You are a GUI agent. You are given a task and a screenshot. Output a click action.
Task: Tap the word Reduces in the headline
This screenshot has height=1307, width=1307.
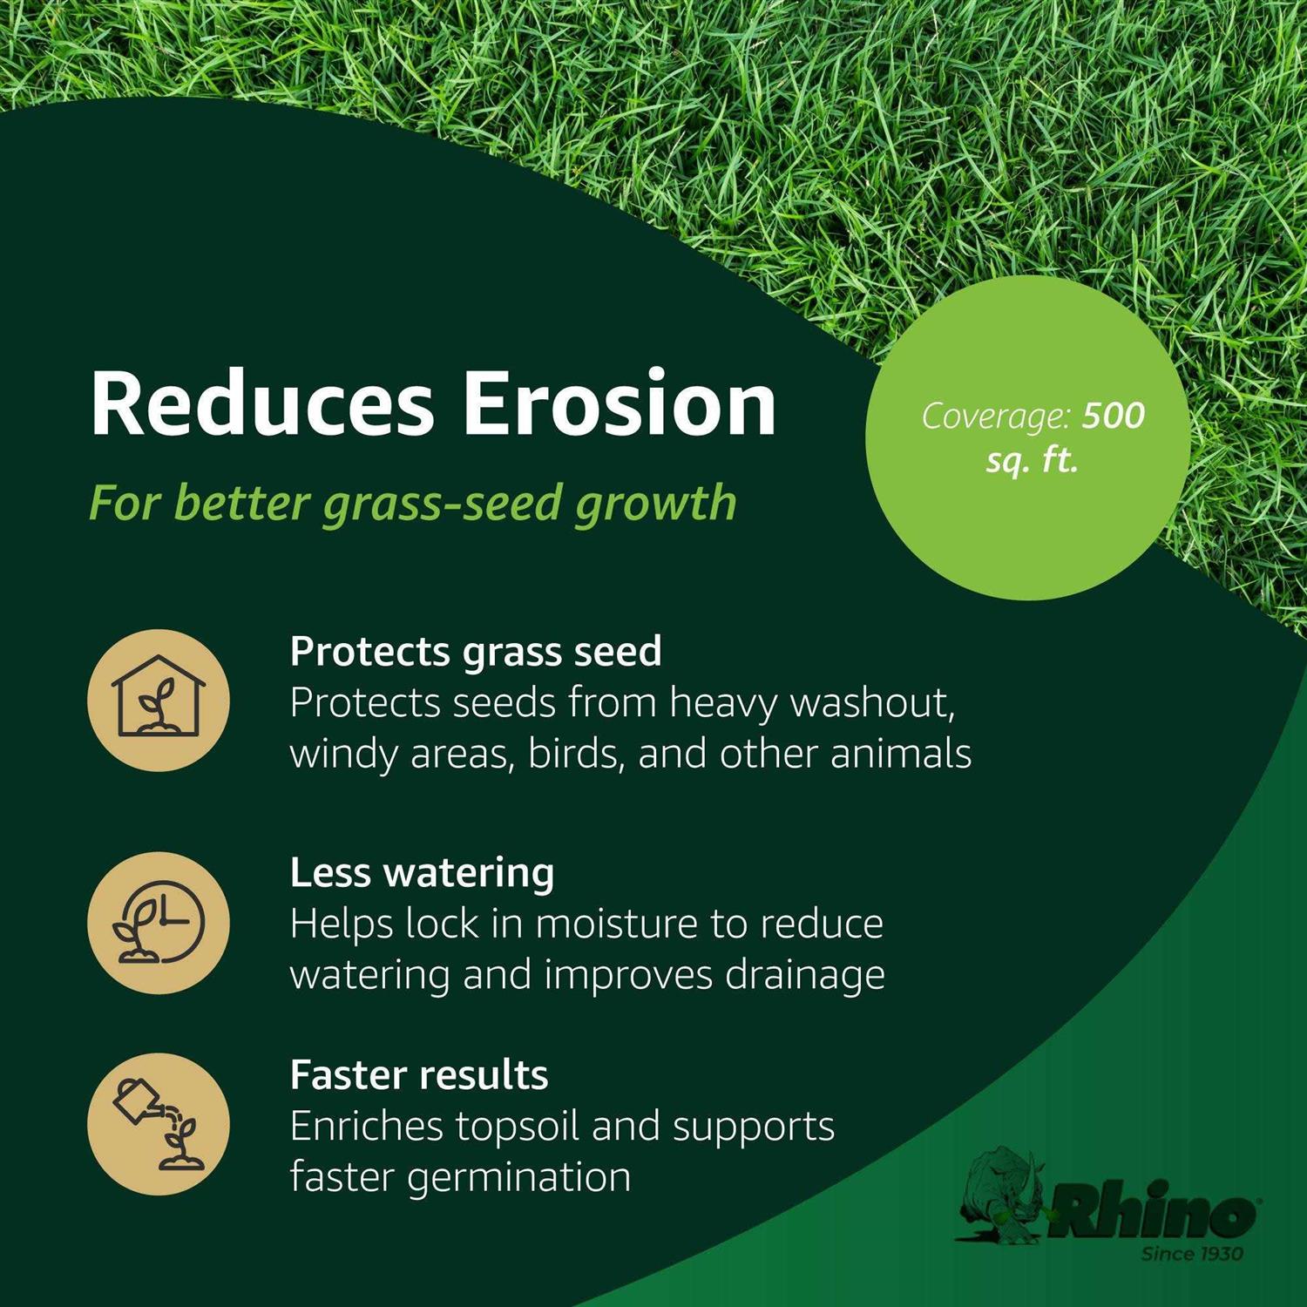click(261, 404)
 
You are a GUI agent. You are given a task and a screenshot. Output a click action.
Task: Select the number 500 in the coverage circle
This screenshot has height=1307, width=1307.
click(1113, 416)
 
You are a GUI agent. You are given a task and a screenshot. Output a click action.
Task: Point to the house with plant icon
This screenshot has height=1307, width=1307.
click(159, 701)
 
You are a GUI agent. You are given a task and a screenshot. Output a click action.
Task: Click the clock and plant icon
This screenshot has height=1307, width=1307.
click(159, 923)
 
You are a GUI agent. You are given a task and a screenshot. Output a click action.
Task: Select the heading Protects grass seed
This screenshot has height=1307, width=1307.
click(476, 652)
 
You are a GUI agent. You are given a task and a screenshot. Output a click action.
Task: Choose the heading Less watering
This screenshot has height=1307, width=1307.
click(422, 873)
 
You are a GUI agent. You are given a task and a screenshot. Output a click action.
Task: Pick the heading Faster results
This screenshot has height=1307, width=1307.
click(419, 1075)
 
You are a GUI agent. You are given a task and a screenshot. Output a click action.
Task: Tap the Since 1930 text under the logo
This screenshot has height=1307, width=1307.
click(1191, 1254)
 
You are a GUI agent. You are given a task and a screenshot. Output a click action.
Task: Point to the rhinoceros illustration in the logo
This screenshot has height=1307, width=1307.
click(1002, 1194)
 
